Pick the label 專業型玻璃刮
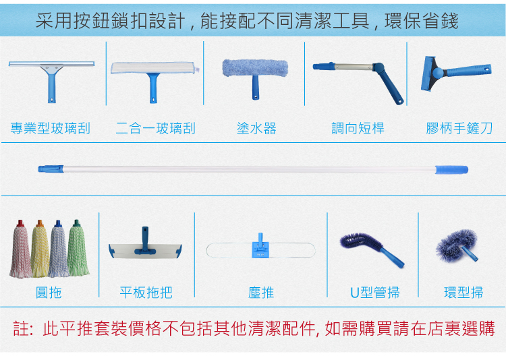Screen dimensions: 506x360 (51, 128)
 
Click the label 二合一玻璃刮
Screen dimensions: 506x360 (156, 128)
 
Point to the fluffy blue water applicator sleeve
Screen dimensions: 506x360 (255, 67)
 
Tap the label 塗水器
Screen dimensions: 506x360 (256, 128)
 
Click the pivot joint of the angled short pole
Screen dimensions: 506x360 (378, 67)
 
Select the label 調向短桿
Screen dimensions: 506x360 (358, 128)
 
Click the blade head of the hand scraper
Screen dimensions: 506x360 (428, 73)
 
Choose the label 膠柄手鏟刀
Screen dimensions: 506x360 (459, 128)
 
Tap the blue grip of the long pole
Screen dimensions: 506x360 (451, 170)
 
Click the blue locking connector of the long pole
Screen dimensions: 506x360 (51, 169)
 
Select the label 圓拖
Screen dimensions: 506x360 (49, 293)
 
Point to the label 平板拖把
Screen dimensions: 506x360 (146, 293)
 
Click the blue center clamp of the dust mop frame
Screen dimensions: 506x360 (260, 247)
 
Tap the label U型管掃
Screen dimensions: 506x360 (375, 293)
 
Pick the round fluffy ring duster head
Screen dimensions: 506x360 (455, 244)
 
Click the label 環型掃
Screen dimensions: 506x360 (463, 293)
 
